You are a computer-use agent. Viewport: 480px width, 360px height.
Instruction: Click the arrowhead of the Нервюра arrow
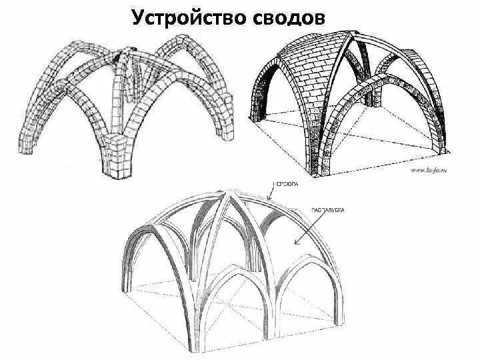point(267,199)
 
